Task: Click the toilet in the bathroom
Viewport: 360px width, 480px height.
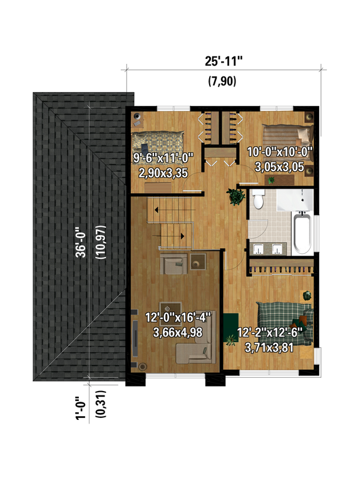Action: point(259,201)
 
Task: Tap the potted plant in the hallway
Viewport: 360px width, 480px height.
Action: point(236,197)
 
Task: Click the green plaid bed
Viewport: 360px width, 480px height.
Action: point(285,320)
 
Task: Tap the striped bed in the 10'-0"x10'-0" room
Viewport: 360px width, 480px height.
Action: point(285,134)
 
